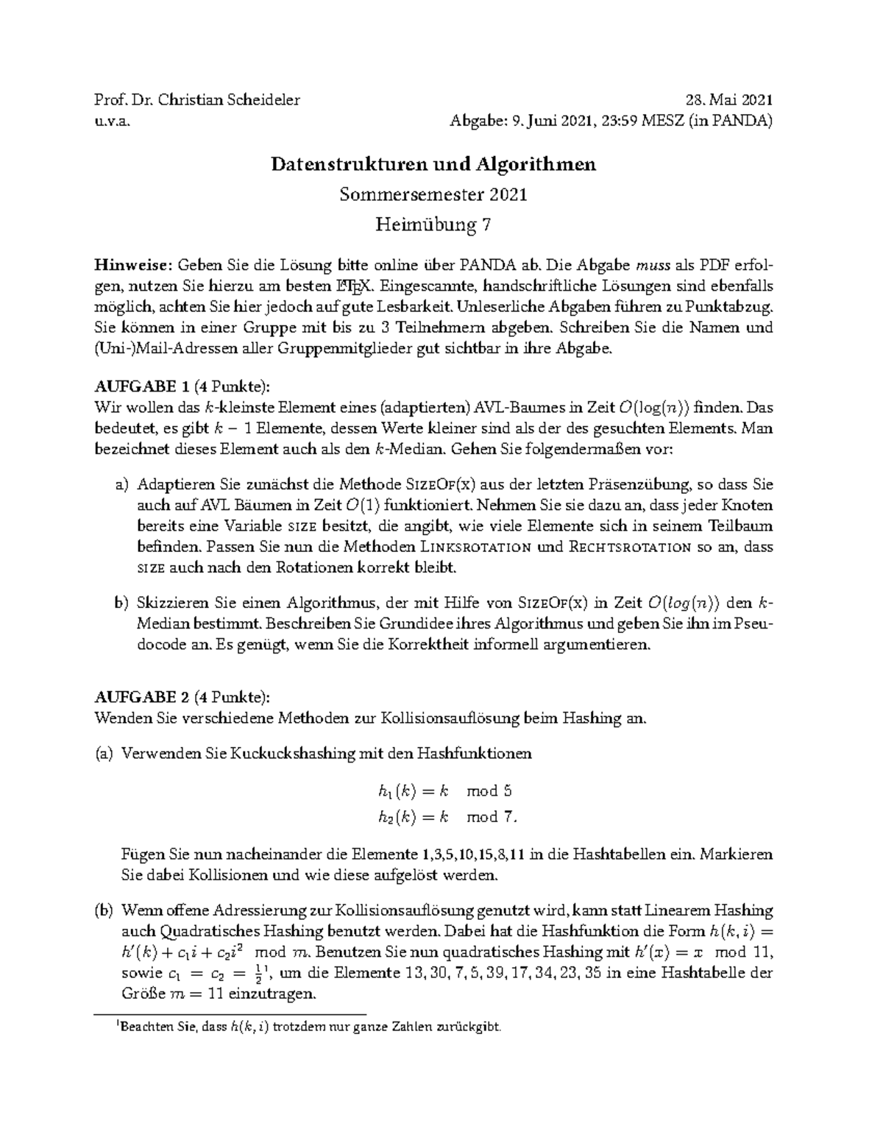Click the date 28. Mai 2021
pos(729,101)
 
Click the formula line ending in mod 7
pos(448,817)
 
